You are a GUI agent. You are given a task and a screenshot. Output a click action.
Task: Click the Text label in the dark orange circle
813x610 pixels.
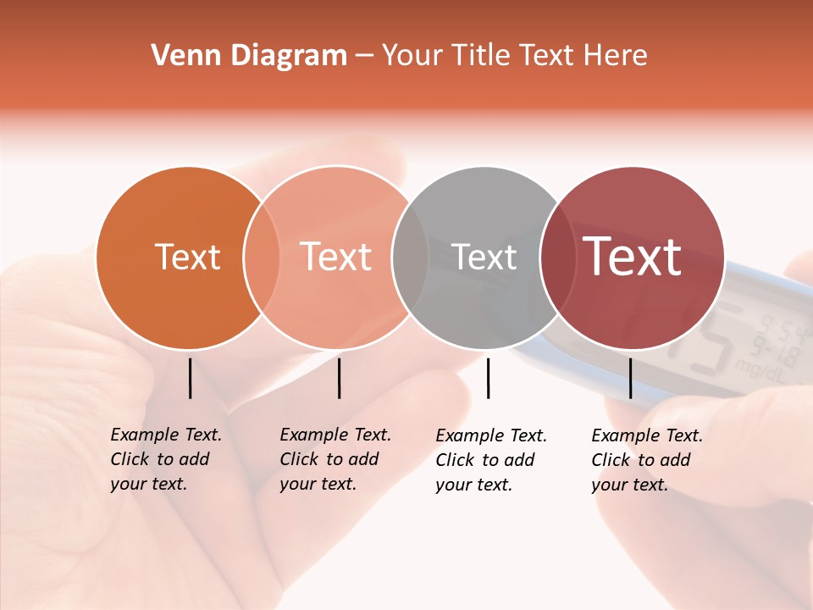click(x=187, y=257)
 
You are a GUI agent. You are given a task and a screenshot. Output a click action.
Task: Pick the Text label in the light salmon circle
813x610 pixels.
click(x=336, y=257)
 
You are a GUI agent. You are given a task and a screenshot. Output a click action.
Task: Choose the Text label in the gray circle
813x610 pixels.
click(x=484, y=257)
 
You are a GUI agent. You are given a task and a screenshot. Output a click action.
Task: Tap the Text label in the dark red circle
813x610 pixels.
click(x=633, y=257)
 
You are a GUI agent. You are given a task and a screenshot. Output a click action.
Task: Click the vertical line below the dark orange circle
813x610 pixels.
click(x=190, y=378)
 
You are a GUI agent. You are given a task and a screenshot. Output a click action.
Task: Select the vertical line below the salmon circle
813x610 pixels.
click(x=339, y=378)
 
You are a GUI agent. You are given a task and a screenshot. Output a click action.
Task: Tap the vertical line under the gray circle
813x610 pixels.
click(x=488, y=378)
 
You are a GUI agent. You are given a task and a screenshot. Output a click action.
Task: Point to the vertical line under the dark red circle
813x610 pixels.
click(x=630, y=378)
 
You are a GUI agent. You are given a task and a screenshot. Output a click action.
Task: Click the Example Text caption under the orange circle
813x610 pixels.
click(x=166, y=459)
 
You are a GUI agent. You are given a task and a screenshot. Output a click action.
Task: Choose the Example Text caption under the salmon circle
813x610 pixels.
click(x=335, y=459)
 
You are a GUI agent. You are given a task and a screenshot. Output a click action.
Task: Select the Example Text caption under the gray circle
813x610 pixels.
click(x=491, y=460)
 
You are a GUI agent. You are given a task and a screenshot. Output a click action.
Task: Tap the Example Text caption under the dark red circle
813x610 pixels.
click(x=647, y=460)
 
